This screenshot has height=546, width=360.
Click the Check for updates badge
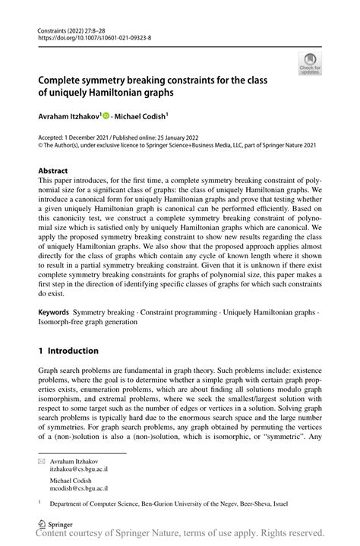point(309,65)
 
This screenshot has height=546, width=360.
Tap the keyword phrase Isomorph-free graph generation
point(93,321)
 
